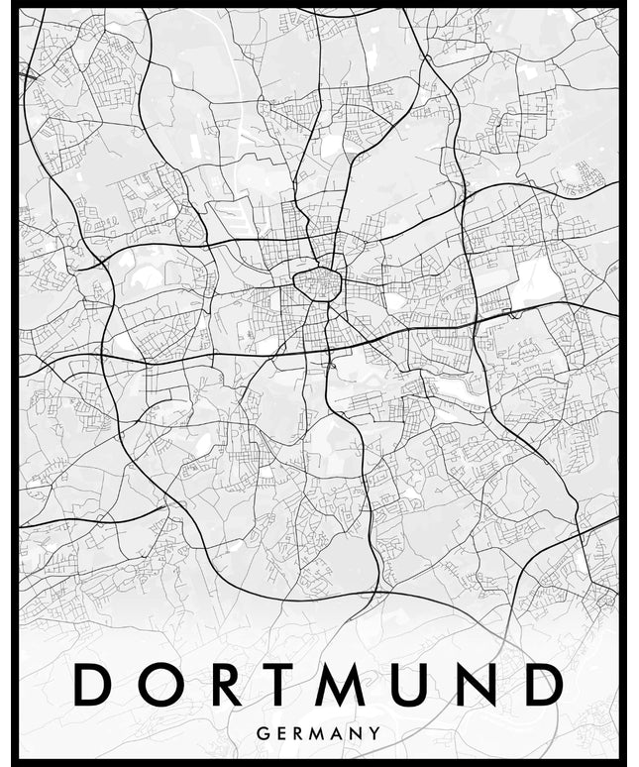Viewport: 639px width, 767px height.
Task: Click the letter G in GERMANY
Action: pyautogui.click(x=262, y=734)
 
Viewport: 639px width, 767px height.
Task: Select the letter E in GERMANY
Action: pyautogui.click(x=281, y=734)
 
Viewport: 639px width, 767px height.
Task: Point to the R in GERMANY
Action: pyautogui.click(x=300, y=734)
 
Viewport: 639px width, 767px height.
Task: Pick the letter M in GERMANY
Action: pyautogui.click(x=321, y=734)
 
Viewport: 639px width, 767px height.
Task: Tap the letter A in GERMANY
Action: pyautogui.click(x=342, y=734)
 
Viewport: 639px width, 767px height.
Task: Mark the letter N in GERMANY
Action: pyautogui.click(x=361, y=734)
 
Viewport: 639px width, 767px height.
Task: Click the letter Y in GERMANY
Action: pyautogui.click(x=377, y=734)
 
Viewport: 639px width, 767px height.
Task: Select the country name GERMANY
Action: pyautogui.click(x=319, y=734)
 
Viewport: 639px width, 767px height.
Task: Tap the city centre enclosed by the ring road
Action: pyautogui.click(x=317, y=284)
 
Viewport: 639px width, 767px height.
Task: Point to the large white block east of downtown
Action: pyautogui.click(x=536, y=276)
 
